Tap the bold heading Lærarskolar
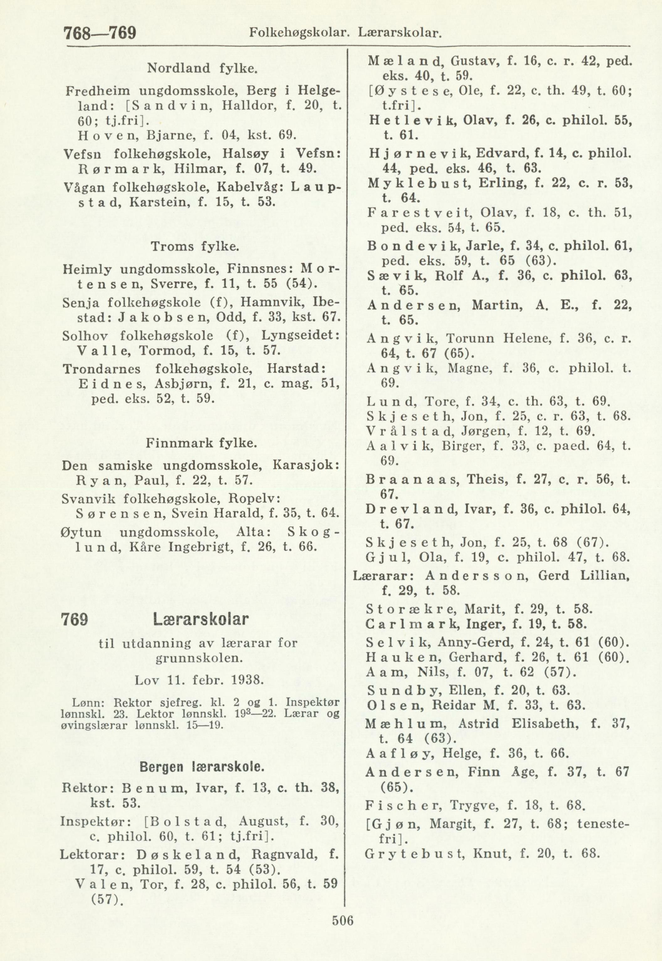[201, 621]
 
